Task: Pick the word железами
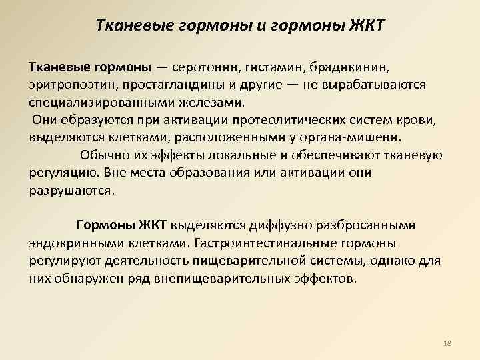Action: [212, 103]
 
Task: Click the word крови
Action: [416, 120]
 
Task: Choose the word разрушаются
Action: [72, 190]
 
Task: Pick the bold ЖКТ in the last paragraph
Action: [157, 225]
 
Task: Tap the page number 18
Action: [447, 343]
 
